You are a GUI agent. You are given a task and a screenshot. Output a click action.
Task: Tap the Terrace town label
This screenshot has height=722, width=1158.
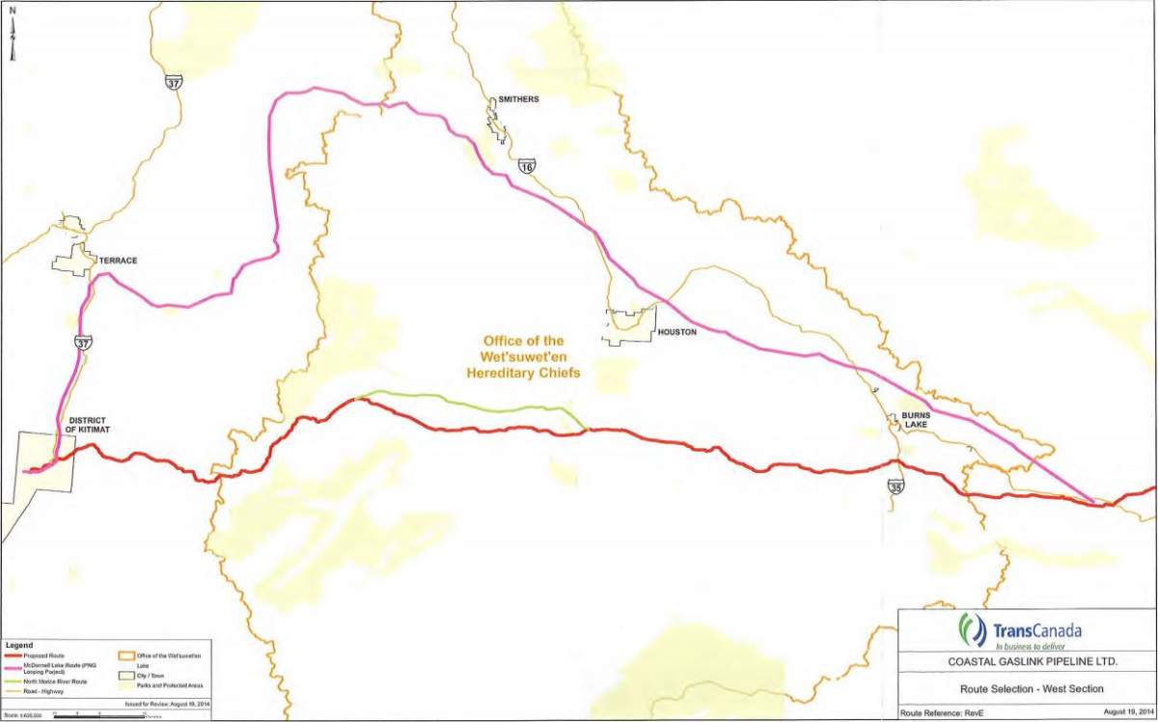119,261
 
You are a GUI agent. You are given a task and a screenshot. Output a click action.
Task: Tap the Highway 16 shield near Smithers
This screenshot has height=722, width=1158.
526,166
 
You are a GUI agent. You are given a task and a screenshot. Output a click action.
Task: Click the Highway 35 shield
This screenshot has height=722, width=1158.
896,487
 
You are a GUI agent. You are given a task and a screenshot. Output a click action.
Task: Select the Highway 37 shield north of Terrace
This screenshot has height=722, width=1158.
172,81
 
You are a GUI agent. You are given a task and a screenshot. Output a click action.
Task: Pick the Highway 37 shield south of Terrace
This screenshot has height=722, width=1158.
83,342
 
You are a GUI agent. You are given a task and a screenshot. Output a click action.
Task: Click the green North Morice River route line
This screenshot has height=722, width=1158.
463,401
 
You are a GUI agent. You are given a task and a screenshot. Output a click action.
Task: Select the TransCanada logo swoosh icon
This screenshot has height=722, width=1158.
972,629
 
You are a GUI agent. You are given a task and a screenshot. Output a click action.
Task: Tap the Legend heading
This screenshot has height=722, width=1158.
19,645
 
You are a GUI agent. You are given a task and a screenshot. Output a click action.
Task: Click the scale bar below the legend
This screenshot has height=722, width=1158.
87,714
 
